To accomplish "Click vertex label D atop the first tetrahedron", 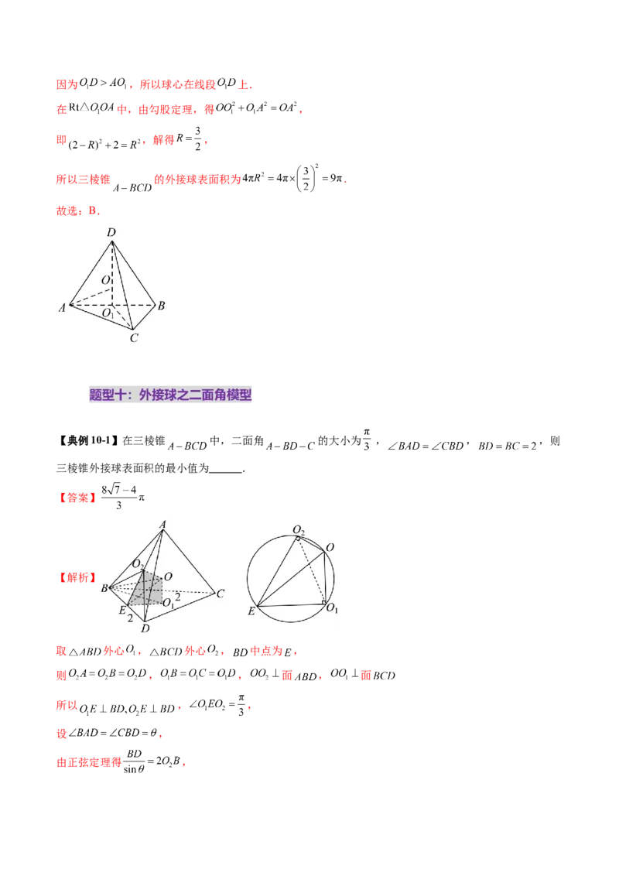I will pyautogui.click(x=111, y=232).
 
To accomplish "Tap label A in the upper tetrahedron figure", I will pyautogui.click(x=61, y=308).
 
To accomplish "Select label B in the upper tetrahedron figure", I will pyautogui.click(x=161, y=306).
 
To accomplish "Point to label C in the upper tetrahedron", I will pyautogui.click(x=133, y=338).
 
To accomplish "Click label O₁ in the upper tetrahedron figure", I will pyautogui.click(x=108, y=313).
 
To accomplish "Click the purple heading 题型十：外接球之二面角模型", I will pyautogui.click(x=171, y=395).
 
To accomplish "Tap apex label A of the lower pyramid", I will pyautogui.click(x=163, y=524).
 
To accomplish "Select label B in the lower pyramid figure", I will pyautogui.click(x=104, y=589).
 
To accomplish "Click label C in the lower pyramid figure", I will pyautogui.click(x=221, y=594).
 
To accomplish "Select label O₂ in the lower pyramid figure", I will pyautogui.click(x=137, y=563).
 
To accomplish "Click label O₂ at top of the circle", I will pyautogui.click(x=299, y=529).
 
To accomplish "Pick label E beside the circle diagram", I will pyautogui.click(x=251, y=611).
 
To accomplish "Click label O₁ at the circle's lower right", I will pyautogui.click(x=331, y=609).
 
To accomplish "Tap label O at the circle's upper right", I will pyautogui.click(x=330, y=547).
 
